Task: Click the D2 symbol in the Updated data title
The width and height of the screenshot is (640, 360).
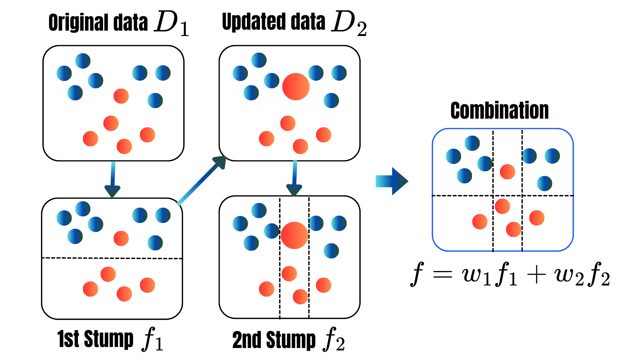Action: coord(349,24)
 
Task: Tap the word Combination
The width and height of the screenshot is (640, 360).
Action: coord(499,111)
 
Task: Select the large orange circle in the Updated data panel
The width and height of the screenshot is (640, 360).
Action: coord(296,87)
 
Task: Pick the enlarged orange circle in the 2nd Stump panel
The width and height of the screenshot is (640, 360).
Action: coord(294,235)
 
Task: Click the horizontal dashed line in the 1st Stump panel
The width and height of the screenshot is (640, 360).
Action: coord(112,258)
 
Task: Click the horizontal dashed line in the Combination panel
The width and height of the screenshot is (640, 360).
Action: coord(503,196)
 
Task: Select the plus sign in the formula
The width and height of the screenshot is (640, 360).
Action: coord(537,275)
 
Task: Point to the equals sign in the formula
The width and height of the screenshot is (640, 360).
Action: coord(442,275)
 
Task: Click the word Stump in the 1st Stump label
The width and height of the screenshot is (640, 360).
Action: coord(109,339)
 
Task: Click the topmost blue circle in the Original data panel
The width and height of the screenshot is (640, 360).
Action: coord(83,61)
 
